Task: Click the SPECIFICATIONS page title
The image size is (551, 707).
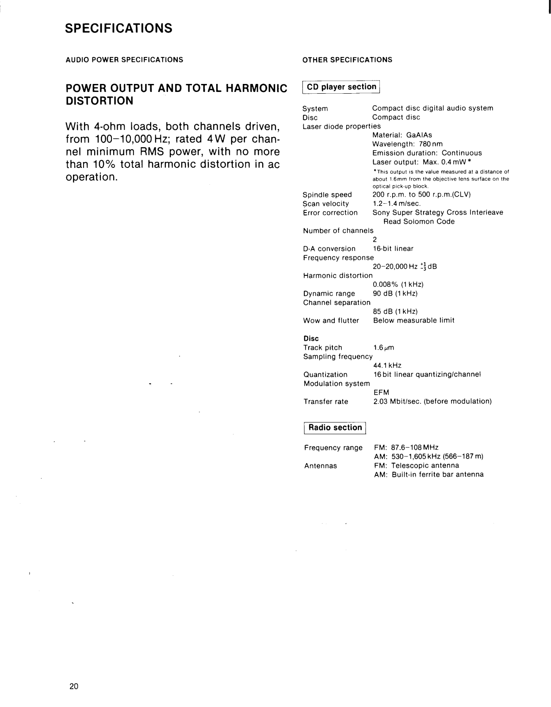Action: coord(119,28)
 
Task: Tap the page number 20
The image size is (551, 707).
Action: coord(74,686)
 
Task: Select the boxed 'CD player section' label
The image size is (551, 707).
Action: coord(341,87)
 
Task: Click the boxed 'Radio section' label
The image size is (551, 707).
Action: coord(335,428)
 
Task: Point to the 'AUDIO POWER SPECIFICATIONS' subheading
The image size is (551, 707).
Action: coord(124,60)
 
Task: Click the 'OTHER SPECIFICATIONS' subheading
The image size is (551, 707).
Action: coord(347,60)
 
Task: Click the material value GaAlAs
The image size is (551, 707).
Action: coord(419,135)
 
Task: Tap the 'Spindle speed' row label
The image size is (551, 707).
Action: coord(327,195)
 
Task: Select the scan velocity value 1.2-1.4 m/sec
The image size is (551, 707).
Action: coord(397,204)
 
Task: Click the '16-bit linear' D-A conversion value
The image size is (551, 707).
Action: coord(393,249)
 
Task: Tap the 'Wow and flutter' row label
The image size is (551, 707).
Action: coord(331,320)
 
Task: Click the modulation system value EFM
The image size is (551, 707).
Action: coord(381,392)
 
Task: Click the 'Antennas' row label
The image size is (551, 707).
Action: coord(321,466)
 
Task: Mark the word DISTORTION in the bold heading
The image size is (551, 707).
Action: coord(99,101)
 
